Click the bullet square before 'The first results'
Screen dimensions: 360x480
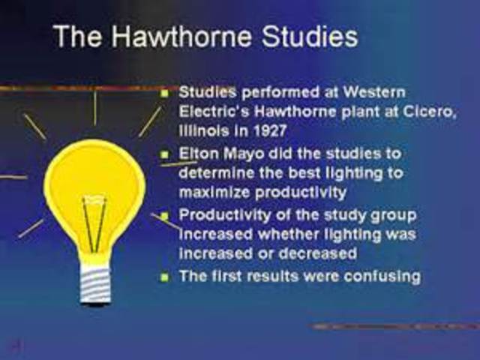pyautogui.click(x=165, y=277)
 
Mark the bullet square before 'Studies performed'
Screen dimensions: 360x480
pyautogui.click(x=165, y=93)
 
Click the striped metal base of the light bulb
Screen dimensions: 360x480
pyautogui.click(x=94, y=283)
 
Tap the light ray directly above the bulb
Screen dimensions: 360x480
pyautogui.click(x=94, y=106)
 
